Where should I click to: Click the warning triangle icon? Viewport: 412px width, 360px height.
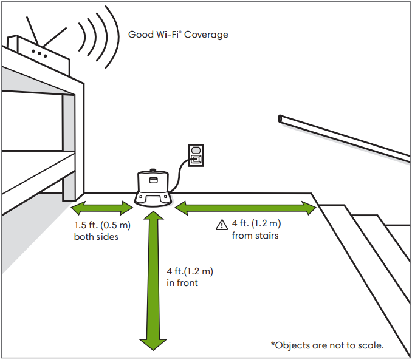(x=222, y=225)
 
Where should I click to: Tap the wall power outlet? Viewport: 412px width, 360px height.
(x=196, y=155)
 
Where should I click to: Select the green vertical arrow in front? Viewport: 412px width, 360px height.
(x=153, y=280)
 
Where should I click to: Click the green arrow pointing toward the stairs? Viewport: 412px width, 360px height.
(x=245, y=208)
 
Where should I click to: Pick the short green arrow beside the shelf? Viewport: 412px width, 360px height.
(x=102, y=208)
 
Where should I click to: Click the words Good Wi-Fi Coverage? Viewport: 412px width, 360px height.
(x=178, y=35)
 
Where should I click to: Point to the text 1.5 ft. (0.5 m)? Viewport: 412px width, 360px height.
(x=103, y=225)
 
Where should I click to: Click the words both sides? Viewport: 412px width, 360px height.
(x=96, y=237)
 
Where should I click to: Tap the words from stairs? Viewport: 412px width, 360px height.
(x=255, y=236)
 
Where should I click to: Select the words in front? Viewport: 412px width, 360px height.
(x=182, y=283)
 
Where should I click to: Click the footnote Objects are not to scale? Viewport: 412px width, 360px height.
(x=328, y=345)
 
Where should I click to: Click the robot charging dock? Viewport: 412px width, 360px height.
(x=154, y=188)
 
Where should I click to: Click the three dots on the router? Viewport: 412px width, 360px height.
(x=39, y=53)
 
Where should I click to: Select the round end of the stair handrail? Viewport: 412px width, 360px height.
(x=280, y=119)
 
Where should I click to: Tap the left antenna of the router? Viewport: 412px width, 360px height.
(x=32, y=30)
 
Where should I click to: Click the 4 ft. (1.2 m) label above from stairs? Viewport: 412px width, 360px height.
(x=256, y=223)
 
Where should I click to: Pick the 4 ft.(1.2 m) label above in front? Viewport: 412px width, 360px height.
(x=190, y=271)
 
